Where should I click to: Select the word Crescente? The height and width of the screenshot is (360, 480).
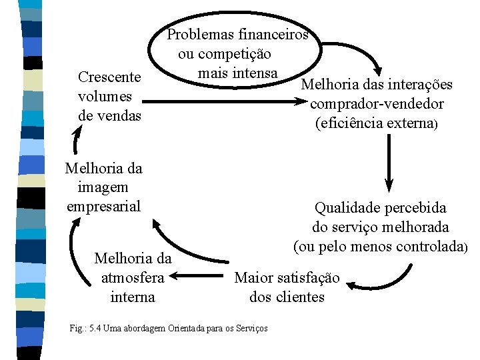tap(109, 78)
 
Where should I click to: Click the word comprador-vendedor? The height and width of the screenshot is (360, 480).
tap(377, 104)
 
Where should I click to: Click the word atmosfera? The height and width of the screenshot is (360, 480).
tap(133, 277)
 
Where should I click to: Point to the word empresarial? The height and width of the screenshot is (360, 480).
tap(103, 206)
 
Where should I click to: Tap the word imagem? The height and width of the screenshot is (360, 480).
tap(103, 187)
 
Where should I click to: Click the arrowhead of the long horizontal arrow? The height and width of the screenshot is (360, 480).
tap(299, 101)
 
